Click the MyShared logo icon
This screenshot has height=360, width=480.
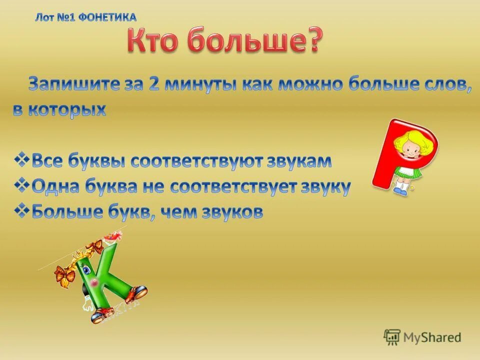(392, 337)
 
